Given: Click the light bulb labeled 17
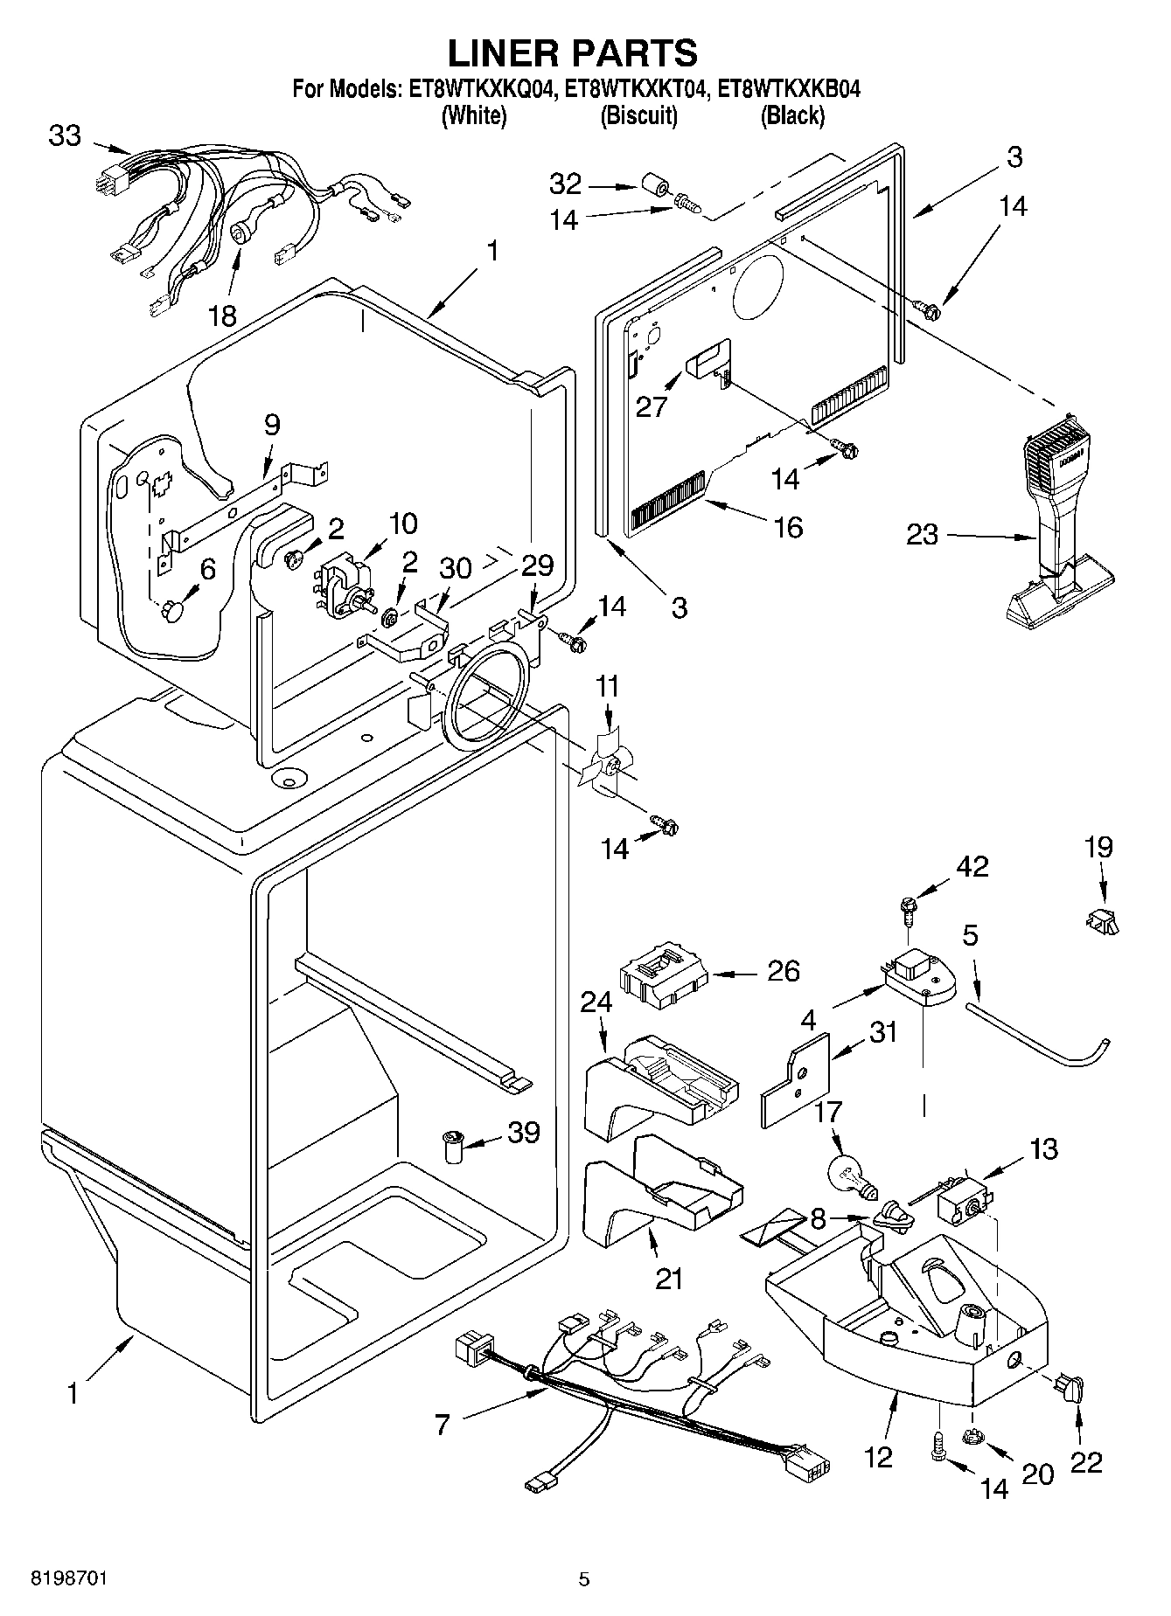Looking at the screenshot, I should pos(846,1174).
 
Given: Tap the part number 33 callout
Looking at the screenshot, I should pos(65,136).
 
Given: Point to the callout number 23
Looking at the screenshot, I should pos(922,534).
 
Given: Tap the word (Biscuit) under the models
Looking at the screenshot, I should pos(638,115).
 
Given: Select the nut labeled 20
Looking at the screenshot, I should pos(972,1436).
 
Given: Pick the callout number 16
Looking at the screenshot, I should pos(787,527).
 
